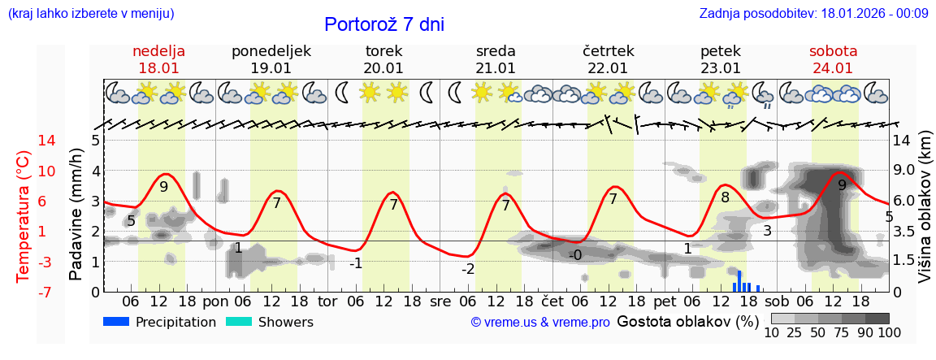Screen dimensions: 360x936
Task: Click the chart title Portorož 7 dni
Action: [x=384, y=24]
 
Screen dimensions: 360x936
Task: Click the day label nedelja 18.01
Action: [x=158, y=59]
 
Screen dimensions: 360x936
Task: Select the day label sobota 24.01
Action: [x=833, y=59]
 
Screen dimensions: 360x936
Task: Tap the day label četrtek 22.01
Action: [x=608, y=59]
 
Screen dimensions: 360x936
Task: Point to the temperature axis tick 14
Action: [x=24, y=141]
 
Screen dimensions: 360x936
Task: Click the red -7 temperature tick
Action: [x=23, y=292]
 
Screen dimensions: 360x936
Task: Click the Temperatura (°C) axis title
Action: [x=24, y=216]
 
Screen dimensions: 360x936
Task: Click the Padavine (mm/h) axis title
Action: [x=76, y=216]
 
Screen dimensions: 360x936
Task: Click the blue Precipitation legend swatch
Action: [x=116, y=322]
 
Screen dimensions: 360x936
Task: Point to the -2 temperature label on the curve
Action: [x=468, y=269]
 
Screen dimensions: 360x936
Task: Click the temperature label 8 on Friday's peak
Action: [x=725, y=197]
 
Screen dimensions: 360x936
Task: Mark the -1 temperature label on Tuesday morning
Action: [x=356, y=263]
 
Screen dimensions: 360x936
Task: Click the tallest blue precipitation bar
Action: [x=739, y=281]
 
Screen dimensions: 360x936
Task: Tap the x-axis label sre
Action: [x=440, y=301]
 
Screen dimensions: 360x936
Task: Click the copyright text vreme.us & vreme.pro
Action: [x=540, y=322]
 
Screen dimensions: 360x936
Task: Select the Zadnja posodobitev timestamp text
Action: [x=813, y=13]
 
